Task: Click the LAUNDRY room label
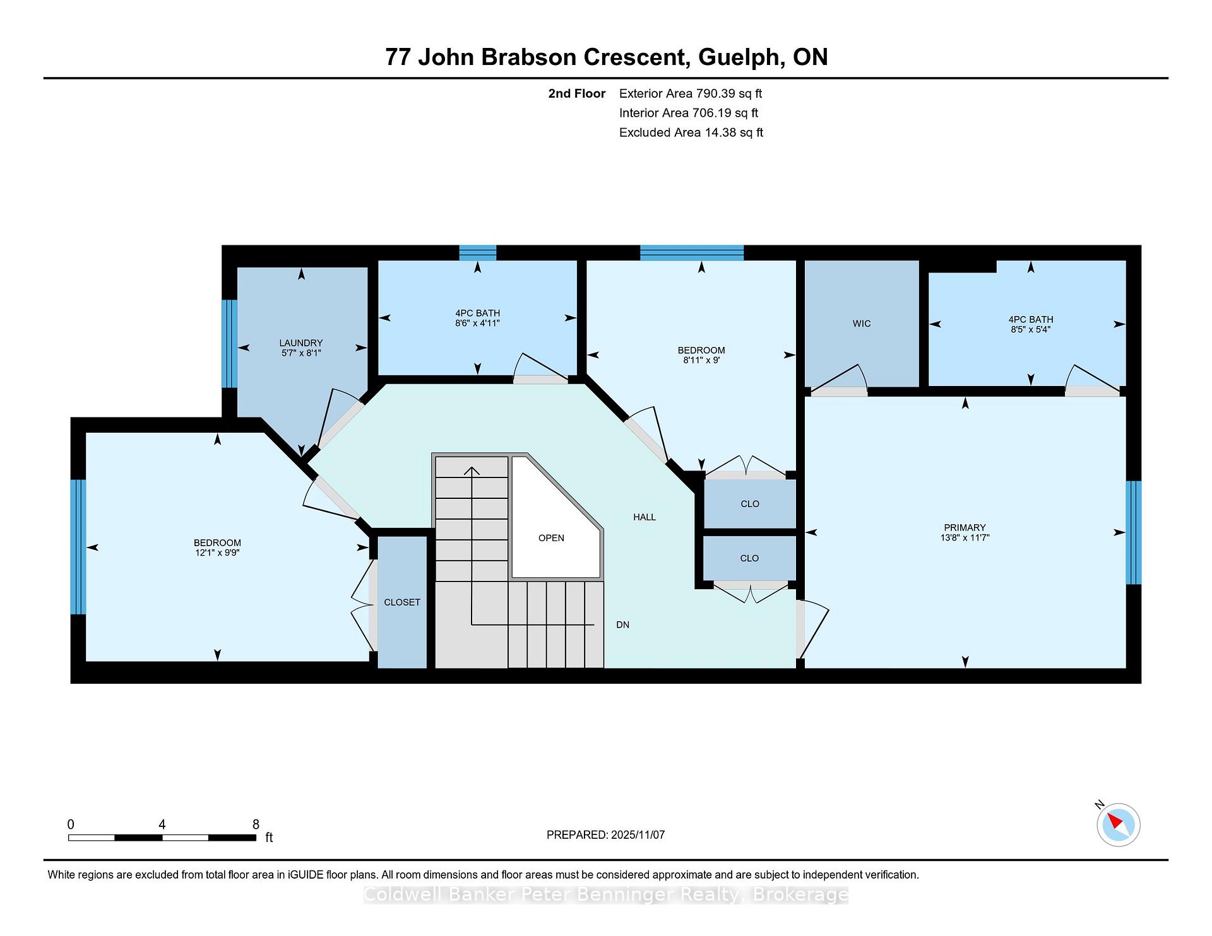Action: pos(301,343)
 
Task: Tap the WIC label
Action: pos(862,324)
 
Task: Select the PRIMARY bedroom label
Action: pos(965,527)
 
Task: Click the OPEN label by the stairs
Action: pos(551,538)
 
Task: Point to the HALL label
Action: pos(645,517)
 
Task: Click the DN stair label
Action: pos(623,625)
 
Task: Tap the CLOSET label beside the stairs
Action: pos(402,602)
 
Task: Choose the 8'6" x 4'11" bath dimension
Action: pos(477,323)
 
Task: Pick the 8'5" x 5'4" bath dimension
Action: pos(1031,329)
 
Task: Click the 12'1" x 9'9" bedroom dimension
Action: pos(217,553)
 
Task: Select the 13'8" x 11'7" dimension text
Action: pos(965,537)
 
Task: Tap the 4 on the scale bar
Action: pos(162,824)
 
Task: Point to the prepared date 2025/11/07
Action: pos(638,835)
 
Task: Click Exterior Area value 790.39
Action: pos(718,93)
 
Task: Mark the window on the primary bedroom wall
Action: pos(1134,533)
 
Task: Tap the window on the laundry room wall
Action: pos(229,344)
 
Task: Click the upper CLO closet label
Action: pos(750,504)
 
